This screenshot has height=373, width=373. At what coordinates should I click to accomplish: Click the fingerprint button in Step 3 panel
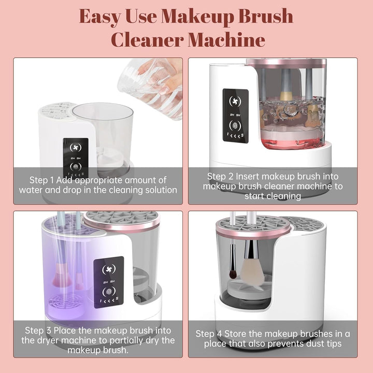(x=109, y=295)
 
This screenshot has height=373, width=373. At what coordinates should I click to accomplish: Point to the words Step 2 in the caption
(x=219, y=176)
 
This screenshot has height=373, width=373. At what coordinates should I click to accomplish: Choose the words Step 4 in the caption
(x=208, y=334)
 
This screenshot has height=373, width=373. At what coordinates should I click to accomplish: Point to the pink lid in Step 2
(x=286, y=63)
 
